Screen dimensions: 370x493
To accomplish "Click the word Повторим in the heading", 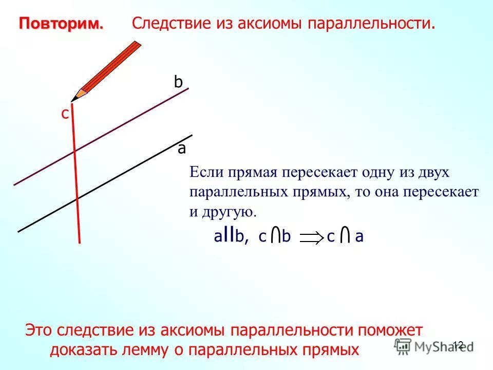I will click(61, 24).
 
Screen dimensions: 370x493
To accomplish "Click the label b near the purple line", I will click(178, 82).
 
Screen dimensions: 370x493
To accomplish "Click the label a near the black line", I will click(182, 149).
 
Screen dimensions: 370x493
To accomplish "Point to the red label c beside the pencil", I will click(65, 114).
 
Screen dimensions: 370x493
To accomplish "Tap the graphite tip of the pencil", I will click(72, 99).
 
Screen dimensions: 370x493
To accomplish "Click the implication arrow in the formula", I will click(310, 237).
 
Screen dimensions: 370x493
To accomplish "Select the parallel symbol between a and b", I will click(229, 235).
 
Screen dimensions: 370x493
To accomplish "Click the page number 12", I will click(458, 345).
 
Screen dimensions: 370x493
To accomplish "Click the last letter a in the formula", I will click(359, 237).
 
